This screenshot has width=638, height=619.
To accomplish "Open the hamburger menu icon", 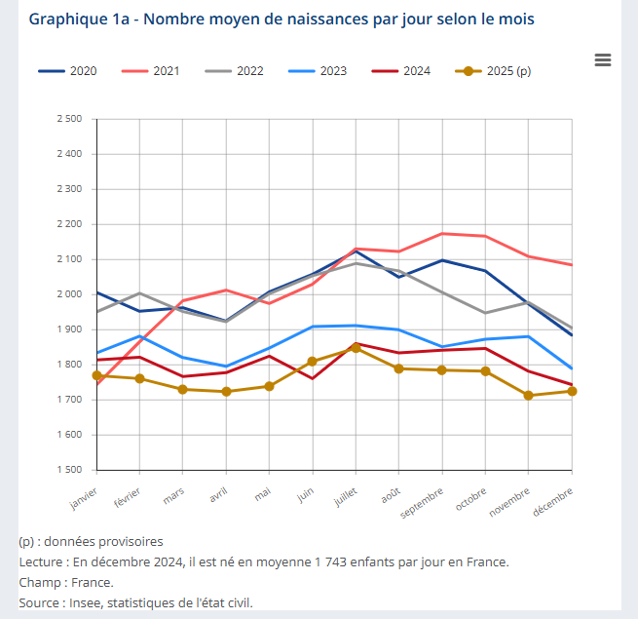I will [x=603, y=60].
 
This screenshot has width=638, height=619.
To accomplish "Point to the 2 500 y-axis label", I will [x=69, y=119].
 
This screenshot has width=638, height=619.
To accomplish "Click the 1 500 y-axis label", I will [x=69, y=470].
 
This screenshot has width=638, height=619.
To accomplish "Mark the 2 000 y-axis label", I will [x=69, y=294].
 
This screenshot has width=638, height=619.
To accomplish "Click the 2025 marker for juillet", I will [x=356, y=348].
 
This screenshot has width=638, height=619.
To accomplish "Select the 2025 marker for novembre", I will [x=529, y=396].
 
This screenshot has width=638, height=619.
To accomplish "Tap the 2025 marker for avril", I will [x=226, y=392].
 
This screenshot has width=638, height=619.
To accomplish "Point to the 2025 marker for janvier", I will [x=97, y=375].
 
